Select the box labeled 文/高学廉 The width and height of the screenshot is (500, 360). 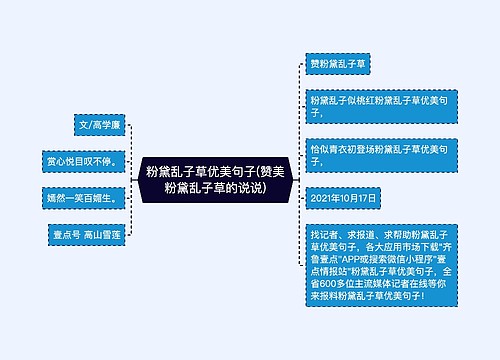(x=99, y=125)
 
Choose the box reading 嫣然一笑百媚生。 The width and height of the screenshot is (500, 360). (x=83, y=197)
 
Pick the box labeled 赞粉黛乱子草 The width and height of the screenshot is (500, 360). (x=339, y=63)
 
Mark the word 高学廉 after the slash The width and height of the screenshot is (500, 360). (x=107, y=125)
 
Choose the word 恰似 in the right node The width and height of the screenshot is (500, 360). (x=320, y=148)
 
